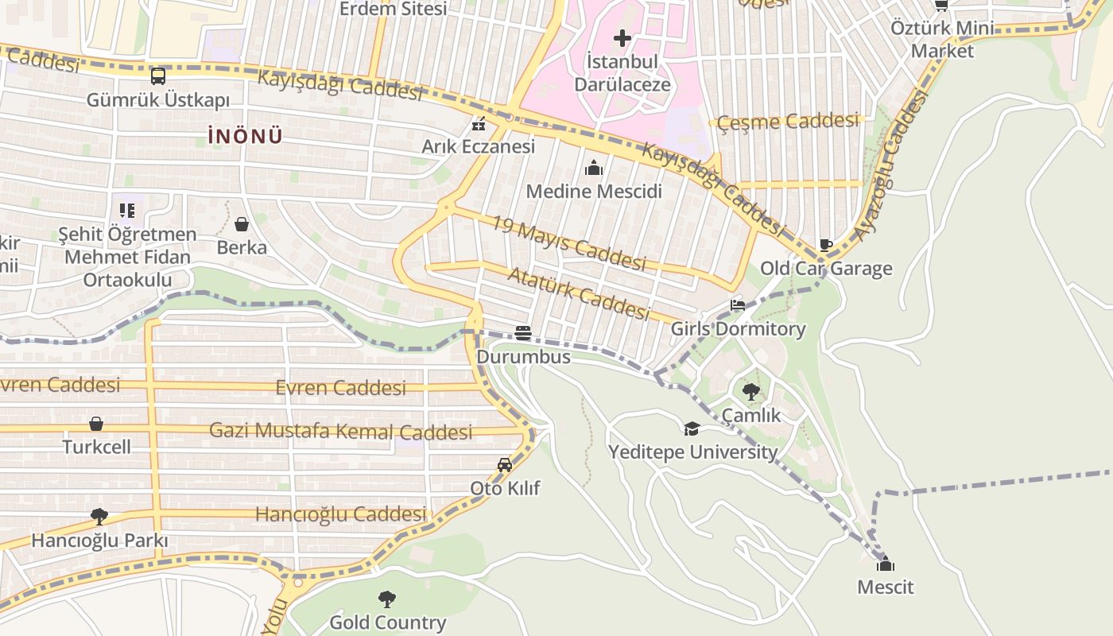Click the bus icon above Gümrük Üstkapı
pos(158,76)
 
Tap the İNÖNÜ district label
pos(245,136)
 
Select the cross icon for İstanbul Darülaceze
pos(622,37)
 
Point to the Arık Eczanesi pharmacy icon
pos(479,124)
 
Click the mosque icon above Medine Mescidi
pos(593,168)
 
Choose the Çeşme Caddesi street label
pos(789,122)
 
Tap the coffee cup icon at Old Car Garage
pos(826,245)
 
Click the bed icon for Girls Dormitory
pos(738,305)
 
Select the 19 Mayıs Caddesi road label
pos(568,243)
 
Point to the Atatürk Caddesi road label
pos(578,293)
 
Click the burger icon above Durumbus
pos(522,333)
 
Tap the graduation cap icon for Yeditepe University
pos(692,429)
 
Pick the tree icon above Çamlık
pos(750,391)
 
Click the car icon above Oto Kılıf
pos(504,465)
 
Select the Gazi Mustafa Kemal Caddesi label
pos(340,432)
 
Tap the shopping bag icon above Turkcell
pos(96,424)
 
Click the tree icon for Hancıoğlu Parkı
pos(99,517)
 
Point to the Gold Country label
pos(387,622)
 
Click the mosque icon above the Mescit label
pos(885,564)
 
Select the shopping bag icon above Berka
pos(242,224)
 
